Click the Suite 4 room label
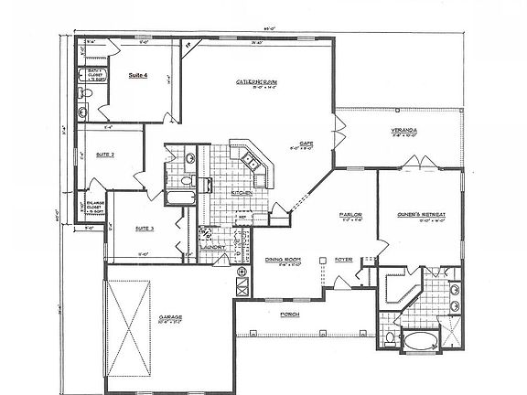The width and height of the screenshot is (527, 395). [x=140, y=75]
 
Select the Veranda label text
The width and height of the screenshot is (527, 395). [x=404, y=131]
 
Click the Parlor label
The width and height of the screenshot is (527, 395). [x=352, y=214]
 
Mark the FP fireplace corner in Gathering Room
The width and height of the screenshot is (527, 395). [x=188, y=43]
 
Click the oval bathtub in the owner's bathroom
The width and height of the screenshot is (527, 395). [x=423, y=343]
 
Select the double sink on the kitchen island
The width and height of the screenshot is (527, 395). [x=249, y=164]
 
